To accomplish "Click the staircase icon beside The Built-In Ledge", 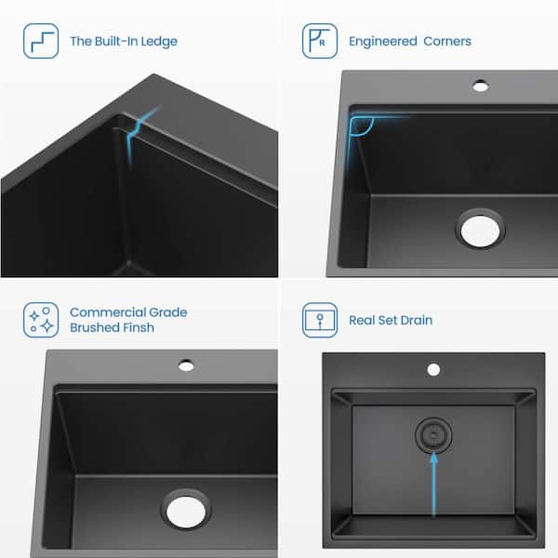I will tap(41, 41).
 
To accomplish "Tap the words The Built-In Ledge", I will tap(124, 42).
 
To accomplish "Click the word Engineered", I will tap(382, 42).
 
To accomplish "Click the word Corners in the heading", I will tap(447, 42).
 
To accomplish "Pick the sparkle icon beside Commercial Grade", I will tap(41, 320).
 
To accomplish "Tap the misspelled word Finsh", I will tap(134, 328).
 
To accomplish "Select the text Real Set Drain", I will tap(391, 321).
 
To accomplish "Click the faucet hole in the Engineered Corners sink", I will tap(480, 86).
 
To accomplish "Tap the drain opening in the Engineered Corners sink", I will tap(481, 228).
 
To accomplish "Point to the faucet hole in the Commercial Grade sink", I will tap(186, 365).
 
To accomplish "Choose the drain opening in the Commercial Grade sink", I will tap(186, 509).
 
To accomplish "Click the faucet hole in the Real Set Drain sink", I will tap(432, 369).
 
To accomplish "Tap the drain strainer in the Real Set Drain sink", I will tap(432, 434).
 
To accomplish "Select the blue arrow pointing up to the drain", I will tap(432, 484).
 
